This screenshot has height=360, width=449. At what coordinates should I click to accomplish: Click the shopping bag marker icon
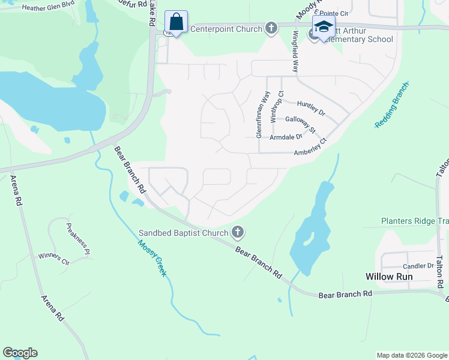[x=176, y=23]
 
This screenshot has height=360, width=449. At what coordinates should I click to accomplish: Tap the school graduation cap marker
[x=323, y=27]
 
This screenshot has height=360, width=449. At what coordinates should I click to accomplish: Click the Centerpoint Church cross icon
[x=271, y=28]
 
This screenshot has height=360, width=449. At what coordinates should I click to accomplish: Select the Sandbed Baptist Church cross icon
[x=238, y=232]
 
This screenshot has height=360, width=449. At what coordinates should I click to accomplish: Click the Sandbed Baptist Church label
[x=184, y=233]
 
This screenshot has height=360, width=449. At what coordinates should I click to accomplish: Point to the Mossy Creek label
[x=151, y=258]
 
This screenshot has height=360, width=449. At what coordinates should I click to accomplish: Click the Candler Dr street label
[x=418, y=266]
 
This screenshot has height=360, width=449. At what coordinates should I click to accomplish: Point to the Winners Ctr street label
[x=55, y=259]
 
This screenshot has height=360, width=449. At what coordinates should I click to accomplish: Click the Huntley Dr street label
[x=310, y=108]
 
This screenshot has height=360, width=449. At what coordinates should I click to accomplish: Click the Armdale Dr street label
[x=286, y=137]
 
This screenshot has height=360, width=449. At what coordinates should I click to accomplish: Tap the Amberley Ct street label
[x=310, y=148]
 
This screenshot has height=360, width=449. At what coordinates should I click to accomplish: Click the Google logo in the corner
[x=20, y=353]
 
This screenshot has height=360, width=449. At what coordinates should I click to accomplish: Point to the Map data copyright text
[x=412, y=355]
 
